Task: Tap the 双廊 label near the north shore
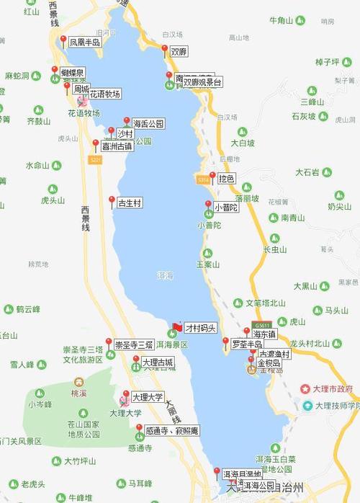pyautogui.click(x=179, y=52)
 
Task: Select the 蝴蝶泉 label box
pyautogui.click(x=72, y=73)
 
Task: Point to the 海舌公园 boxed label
pyautogui.click(x=148, y=124)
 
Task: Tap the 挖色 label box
pyautogui.click(x=227, y=178)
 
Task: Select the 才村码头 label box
pyautogui.click(x=200, y=328)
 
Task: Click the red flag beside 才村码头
pyautogui.click(x=177, y=328)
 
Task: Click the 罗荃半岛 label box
pyautogui.click(x=246, y=345)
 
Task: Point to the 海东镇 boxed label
pyautogui.click(x=264, y=334)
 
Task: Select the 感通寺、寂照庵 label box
pyautogui.click(x=171, y=431)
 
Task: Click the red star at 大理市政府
pyautogui.click(x=305, y=389)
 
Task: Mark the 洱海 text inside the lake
pyautogui.click(x=164, y=275)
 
